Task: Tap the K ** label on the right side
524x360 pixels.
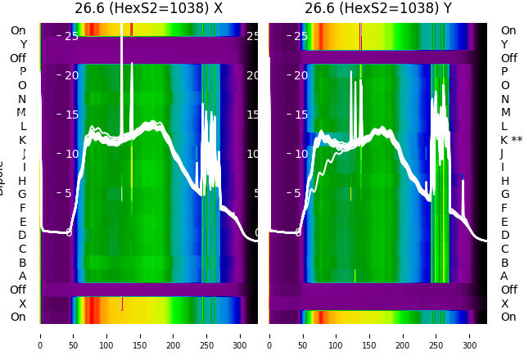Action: tap(511, 140)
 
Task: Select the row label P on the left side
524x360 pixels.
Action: tap(22, 72)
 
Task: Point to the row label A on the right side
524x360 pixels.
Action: tap(504, 277)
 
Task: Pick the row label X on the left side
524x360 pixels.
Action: tap(22, 304)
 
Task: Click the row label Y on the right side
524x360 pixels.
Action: tap(504, 44)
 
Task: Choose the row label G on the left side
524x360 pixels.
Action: tap(22, 195)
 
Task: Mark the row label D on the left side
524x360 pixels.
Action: tap(22, 236)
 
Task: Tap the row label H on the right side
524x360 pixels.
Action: tap(504, 181)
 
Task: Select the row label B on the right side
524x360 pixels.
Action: tap(504, 263)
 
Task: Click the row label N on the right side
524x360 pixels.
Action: tap(504, 99)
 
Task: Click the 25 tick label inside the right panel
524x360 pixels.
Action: tap(300, 36)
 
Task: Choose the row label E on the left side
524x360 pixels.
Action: tap(22, 222)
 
